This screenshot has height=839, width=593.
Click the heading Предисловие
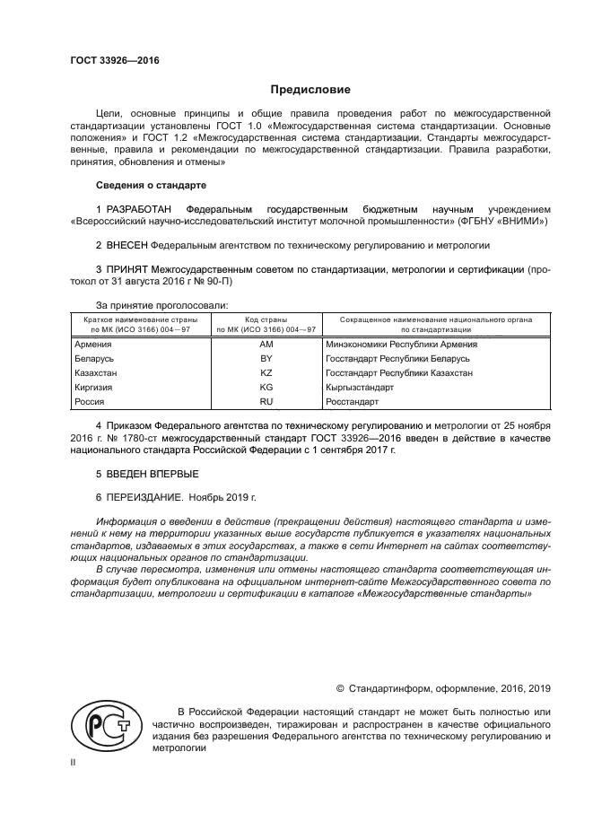(310, 91)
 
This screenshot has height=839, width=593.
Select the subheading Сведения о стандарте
(151, 185)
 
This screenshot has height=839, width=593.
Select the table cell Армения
(92, 345)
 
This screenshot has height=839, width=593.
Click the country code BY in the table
(266, 358)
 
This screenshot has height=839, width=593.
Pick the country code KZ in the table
(266, 372)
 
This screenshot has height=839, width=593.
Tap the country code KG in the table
(266, 387)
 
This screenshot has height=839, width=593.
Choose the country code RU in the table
(266, 401)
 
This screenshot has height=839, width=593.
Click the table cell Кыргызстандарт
(361, 387)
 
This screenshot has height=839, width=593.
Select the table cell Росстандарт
(353, 401)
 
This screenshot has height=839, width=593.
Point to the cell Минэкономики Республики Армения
(402, 345)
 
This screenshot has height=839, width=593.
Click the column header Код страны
(266, 319)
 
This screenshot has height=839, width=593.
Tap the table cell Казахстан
(96, 372)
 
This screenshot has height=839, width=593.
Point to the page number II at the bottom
(74, 762)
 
